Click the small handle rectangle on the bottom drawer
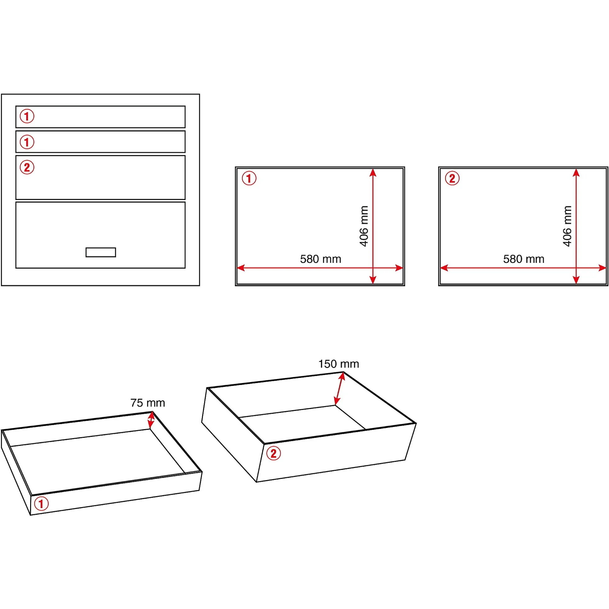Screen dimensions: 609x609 [101, 252]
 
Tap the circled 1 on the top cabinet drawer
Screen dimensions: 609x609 [27, 116]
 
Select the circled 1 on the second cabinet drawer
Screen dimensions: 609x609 [27, 142]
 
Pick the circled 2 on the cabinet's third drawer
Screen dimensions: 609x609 [27, 167]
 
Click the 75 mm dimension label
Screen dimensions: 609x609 [148, 403]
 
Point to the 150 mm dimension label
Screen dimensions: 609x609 [338, 364]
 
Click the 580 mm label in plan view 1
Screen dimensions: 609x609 [320, 259]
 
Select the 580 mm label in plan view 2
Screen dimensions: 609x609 [524, 259]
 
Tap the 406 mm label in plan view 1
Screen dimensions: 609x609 [364, 226]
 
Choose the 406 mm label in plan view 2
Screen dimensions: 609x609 [567, 226]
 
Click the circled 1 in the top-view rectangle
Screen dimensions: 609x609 [249, 178]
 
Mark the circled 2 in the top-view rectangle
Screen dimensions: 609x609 [452, 178]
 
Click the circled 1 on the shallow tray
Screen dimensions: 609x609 [41, 503]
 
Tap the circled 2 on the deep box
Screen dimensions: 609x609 [273, 453]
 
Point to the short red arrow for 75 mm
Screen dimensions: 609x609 [151, 420]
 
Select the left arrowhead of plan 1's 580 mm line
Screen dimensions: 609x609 [240, 268]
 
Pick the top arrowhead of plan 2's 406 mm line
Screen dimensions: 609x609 [576, 172]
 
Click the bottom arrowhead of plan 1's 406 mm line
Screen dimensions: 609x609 [373, 280]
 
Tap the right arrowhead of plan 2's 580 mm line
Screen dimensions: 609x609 [602, 268]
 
